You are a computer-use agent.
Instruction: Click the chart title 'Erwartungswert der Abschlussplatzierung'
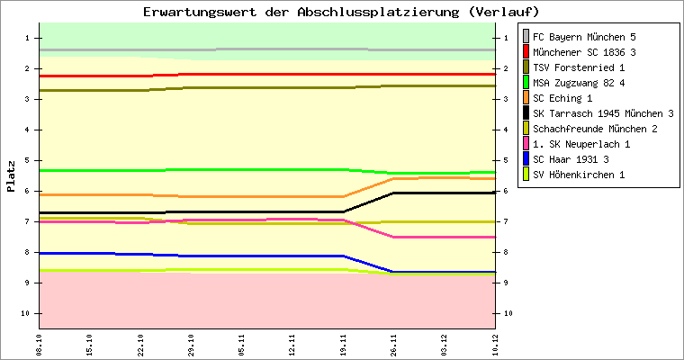click(341, 12)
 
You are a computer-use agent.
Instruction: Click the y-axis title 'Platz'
click(11, 175)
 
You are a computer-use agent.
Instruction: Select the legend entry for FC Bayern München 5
click(584, 37)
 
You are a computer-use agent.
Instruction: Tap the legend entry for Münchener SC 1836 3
click(584, 52)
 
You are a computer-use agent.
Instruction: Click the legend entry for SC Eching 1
click(562, 98)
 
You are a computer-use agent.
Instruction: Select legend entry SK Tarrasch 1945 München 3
click(603, 113)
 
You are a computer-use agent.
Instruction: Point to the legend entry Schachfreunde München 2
click(595, 129)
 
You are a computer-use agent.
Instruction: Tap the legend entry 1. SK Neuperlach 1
click(581, 144)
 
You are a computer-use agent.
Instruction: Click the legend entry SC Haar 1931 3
click(571, 159)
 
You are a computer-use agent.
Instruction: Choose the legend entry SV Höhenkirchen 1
click(579, 175)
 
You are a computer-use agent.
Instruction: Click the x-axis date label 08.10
click(39, 345)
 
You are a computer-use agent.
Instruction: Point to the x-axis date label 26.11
click(392, 345)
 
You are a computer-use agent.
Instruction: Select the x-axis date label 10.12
click(494, 345)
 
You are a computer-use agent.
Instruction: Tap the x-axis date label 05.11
click(241, 345)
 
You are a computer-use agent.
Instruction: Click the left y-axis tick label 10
click(29, 313)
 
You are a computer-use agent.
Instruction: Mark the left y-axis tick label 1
click(29, 38)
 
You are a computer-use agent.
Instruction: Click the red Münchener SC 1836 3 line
click(270, 74)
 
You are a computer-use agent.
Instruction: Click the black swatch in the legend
click(526, 113)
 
